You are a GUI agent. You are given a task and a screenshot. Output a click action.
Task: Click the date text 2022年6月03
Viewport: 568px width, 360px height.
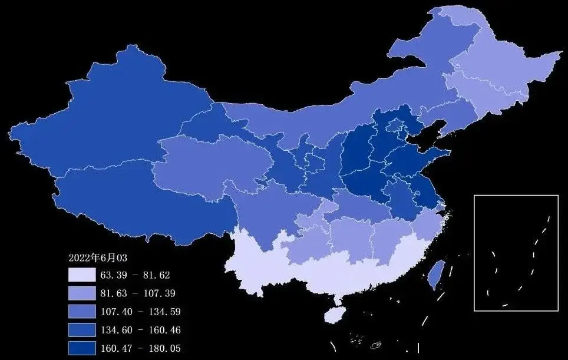(x=98, y=258)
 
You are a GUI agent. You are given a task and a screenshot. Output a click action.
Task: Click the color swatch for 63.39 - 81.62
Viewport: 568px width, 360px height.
(x=81, y=275)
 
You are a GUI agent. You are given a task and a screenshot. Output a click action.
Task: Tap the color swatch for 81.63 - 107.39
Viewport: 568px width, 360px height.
(x=81, y=293)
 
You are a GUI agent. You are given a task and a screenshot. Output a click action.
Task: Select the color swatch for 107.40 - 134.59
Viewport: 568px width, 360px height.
(x=81, y=311)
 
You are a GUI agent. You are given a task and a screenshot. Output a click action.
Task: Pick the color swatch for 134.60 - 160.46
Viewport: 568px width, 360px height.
(x=81, y=329)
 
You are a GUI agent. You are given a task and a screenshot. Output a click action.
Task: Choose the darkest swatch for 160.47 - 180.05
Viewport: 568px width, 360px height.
(x=81, y=348)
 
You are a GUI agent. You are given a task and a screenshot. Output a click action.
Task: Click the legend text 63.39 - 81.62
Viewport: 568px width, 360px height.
(x=135, y=275)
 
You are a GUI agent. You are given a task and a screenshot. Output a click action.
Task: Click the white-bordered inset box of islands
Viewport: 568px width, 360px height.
(x=516, y=252)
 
